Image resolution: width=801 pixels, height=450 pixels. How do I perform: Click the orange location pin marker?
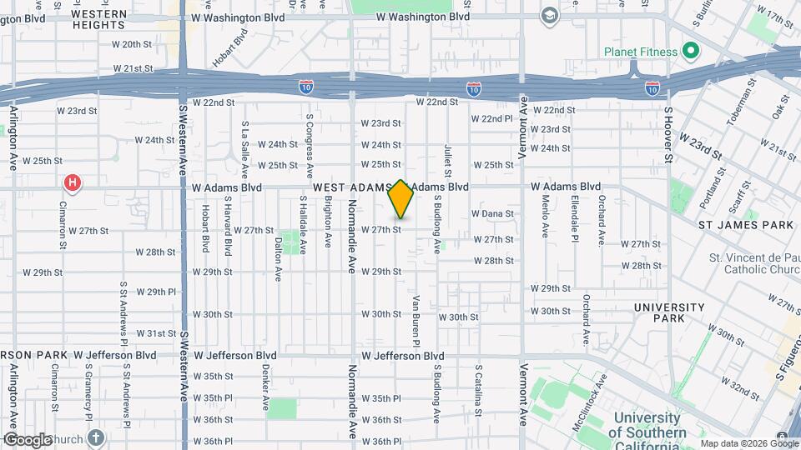pyautogui.click(x=401, y=199)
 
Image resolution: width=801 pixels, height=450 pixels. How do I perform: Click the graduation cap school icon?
pyautogui.click(x=549, y=16)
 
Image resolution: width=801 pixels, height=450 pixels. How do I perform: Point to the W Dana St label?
pyautogui.click(x=492, y=214)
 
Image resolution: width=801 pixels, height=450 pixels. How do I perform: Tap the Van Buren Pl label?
pyautogui.click(x=415, y=320)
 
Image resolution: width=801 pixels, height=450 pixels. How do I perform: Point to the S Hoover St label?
pyautogui.click(x=668, y=133)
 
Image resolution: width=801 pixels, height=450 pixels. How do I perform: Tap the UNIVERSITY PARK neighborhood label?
pyautogui.click(x=670, y=312)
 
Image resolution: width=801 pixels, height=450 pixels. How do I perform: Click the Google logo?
pyautogui.click(x=28, y=439)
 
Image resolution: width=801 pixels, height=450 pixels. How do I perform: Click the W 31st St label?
pyautogui.click(x=156, y=333)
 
